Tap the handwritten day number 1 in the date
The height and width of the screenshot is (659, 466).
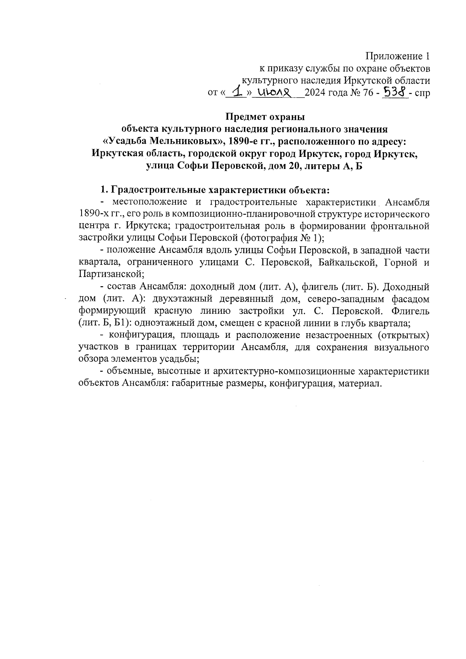[234, 91]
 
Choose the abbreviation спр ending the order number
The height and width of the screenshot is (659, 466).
[423, 94]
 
